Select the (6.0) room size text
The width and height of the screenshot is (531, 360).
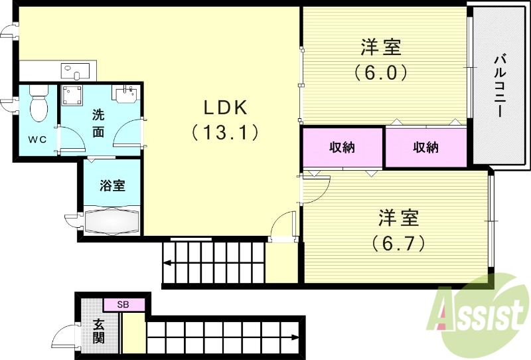coord(380,71)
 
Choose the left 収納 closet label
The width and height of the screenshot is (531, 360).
coord(342,147)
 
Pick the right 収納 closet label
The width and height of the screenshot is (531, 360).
coord(425,147)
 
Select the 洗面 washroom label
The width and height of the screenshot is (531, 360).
coord(98,122)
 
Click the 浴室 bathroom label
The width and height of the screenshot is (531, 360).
coord(112,186)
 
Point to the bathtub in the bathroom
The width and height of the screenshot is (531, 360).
coord(112,221)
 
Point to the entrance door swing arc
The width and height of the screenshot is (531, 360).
coord(65,335)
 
